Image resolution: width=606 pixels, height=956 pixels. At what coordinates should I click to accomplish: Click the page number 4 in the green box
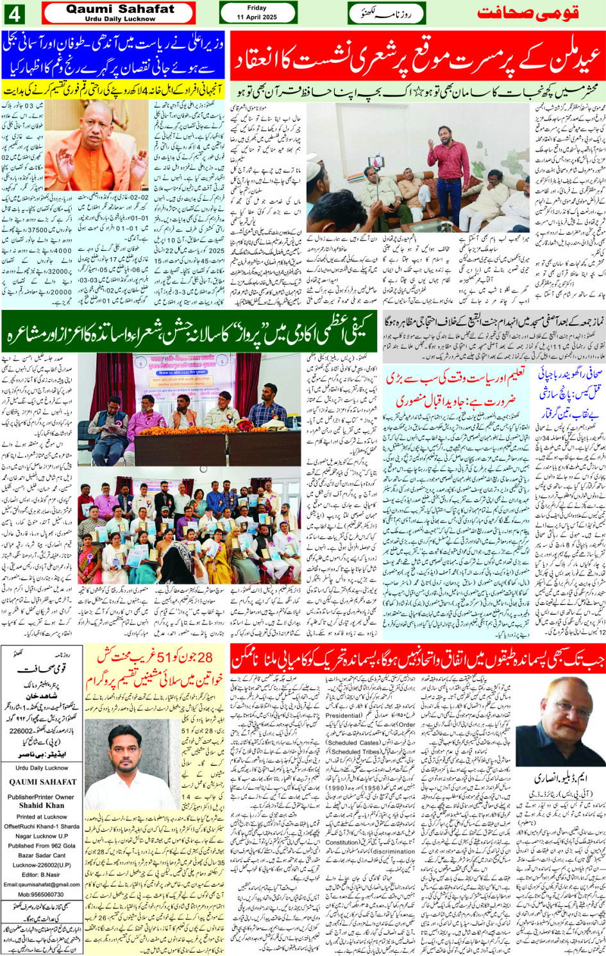coord(14,13)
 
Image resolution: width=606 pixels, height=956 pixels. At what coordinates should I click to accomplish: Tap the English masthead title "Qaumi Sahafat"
coord(120,9)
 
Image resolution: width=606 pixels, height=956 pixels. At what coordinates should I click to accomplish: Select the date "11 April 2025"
coord(257,17)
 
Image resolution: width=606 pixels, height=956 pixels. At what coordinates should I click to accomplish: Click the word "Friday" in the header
coord(257,8)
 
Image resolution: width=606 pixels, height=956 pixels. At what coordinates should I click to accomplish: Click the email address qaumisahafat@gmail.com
coord(42,884)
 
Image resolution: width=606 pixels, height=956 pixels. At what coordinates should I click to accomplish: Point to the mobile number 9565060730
coord(42,894)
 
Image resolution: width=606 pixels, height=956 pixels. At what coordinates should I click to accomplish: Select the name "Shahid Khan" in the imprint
coord(42,805)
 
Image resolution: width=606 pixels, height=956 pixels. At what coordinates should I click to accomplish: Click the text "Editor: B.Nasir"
coord(42,875)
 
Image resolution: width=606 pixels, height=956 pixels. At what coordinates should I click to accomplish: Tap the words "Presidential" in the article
coord(343,715)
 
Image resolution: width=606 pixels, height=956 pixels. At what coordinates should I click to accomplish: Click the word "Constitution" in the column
coord(343,842)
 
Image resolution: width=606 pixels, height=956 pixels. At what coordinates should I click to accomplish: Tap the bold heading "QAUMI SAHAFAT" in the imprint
coord(42,782)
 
